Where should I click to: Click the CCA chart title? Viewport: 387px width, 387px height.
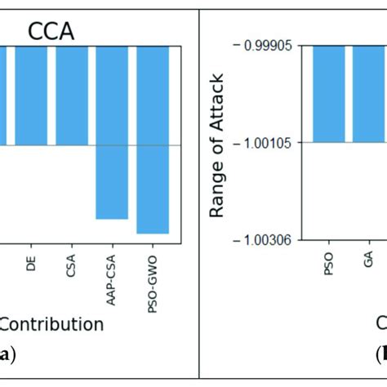[x=51, y=31]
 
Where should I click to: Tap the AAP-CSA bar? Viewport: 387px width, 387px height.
[x=112, y=131]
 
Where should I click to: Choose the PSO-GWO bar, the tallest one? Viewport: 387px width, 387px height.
[x=153, y=139]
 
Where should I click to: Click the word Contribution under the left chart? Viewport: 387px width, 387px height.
[x=51, y=324]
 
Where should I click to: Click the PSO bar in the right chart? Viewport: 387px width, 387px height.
[x=331, y=94]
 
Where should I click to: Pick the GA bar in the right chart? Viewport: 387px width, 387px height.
[x=369, y=94]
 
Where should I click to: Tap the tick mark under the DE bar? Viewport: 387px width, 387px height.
[x=31, y=242]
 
